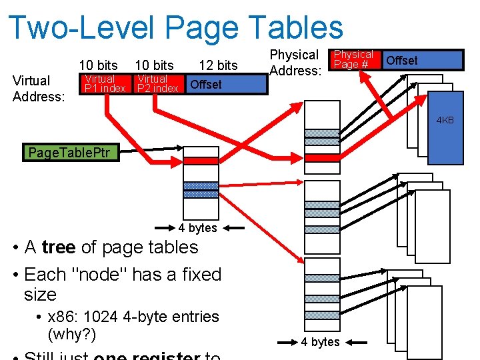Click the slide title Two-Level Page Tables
pos(176,28)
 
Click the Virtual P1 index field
pos(103,83)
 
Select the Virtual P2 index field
pos(157,83)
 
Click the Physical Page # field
pos(353,59)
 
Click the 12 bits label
pos(218,65)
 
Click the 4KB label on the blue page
pos(445,120)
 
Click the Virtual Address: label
pos(39,89)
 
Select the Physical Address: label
pos(296,62)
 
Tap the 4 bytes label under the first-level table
pos(198,228)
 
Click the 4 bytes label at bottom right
pos(320,342)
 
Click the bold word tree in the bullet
pos(59,247)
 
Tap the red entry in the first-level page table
pos(201,161)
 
